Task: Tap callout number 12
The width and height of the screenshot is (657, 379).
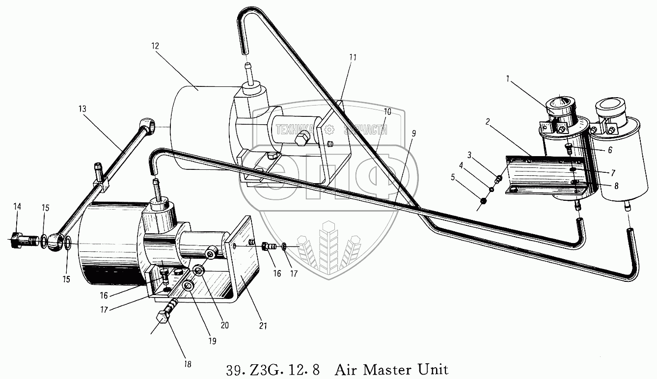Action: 155,46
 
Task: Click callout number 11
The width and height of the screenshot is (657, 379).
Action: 353,57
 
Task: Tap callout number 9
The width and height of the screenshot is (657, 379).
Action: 414,133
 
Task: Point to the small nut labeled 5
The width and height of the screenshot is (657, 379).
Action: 483,201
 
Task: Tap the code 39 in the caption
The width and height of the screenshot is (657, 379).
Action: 234,369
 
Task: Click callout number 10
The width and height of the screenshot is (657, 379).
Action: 387,112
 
